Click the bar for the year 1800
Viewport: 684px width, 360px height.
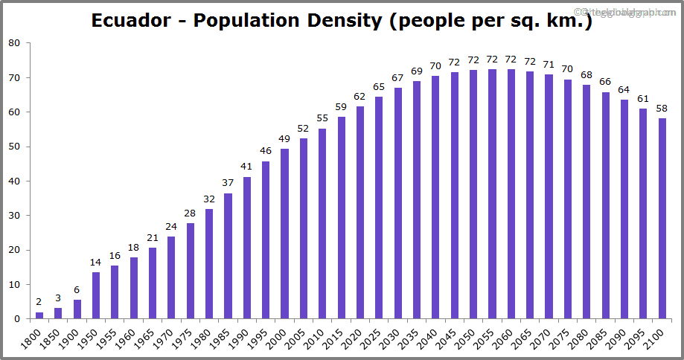coord(39,315)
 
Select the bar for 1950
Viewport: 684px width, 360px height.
coord(96,295)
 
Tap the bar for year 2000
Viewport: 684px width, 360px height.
coord(284,234)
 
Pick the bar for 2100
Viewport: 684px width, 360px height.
coord(662,219)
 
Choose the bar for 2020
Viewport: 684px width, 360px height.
coord(360,213)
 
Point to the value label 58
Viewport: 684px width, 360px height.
coord(662,109)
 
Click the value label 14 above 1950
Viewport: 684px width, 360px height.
coord(96,263)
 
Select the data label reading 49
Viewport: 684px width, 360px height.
coord(284,139)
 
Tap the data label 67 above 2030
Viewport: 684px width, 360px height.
coord(397,78)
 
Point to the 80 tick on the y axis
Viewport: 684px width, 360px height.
coord(15,43)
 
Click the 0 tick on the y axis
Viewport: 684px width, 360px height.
coord(18,319)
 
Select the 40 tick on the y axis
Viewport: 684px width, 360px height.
coord(15,181)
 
